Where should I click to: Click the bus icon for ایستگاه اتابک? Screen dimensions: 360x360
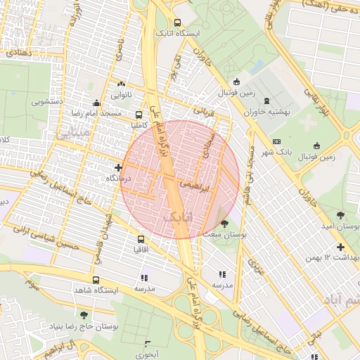click(178, 22)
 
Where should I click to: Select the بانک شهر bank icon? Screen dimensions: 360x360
click(276, 141)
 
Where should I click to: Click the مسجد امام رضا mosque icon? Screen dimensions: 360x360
click(96, 103)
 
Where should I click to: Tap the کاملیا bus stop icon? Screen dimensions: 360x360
click(139, 115)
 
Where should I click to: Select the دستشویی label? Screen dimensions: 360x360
click(47, 101)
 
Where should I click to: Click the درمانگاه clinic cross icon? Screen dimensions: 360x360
click(118, 167)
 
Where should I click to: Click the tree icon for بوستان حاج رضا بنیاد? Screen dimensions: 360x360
click(84, 316)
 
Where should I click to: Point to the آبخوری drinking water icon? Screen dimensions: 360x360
click(148, 344)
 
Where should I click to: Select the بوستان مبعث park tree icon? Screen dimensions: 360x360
click(224, 223)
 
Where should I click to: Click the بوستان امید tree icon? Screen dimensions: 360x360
click(341, 215)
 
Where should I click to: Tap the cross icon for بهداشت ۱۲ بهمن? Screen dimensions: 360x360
click(341, 247)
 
